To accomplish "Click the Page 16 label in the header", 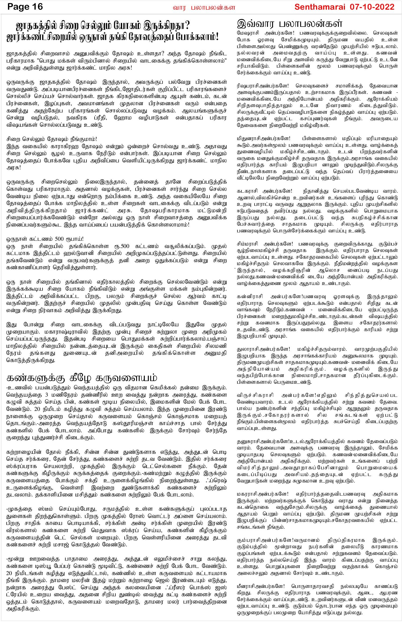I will pos(25,7).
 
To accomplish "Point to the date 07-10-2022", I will pos(372,7).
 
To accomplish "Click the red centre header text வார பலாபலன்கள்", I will pos(204,8).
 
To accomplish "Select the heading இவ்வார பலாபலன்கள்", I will pos(289,24).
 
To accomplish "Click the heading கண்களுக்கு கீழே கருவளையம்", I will pos(81,378).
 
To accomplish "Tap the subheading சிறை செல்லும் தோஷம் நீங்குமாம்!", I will pos(52,139).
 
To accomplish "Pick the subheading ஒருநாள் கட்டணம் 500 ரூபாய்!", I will pos(45,239).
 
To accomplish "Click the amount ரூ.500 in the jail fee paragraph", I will pos(122,246).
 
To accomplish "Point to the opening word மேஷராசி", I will pos(247,33).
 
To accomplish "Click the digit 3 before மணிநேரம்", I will pos(47,395).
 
